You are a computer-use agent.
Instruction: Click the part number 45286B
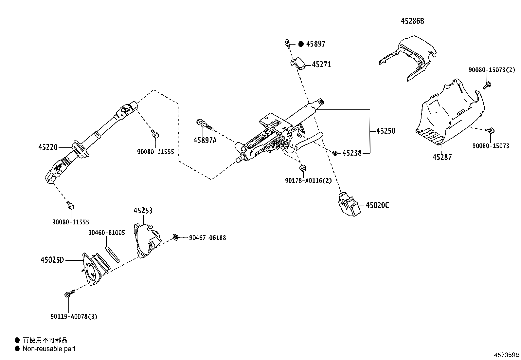click(412, 21)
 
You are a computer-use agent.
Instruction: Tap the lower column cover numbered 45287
click(448, 115)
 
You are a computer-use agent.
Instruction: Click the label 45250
click(386, 131)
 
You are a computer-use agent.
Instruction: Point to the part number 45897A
click(205, 140)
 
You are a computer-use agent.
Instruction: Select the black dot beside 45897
click(301, 44)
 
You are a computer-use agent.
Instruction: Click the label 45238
click(352, 153)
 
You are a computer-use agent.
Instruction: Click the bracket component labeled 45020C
click(347, 205)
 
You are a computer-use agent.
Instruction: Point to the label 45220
click(48, 147)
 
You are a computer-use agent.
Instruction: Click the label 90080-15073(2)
click(492, 70)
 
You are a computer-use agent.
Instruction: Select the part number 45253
click(143, 211)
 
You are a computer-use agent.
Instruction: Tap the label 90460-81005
click(106, 233)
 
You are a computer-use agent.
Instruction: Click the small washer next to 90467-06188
click(176, 237)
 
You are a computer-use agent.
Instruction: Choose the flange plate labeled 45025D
click(93, 269)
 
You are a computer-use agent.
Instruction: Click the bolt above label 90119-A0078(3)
click(68, 294)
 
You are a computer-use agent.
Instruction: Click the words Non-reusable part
click(49, 349)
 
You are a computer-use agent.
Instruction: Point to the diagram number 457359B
click(507, 355)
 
